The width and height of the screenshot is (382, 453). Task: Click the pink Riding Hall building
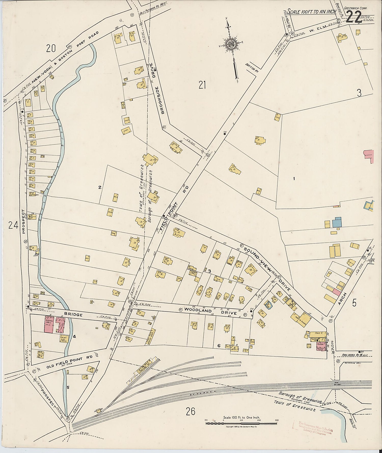[49, 324]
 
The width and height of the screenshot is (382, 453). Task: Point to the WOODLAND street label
[195, 310]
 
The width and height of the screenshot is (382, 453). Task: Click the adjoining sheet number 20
[51, 48]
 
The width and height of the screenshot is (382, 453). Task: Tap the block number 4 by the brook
[74, 337]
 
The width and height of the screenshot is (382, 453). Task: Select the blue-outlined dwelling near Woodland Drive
[268, 304]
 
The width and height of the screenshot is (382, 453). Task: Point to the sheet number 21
[202, 85]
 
